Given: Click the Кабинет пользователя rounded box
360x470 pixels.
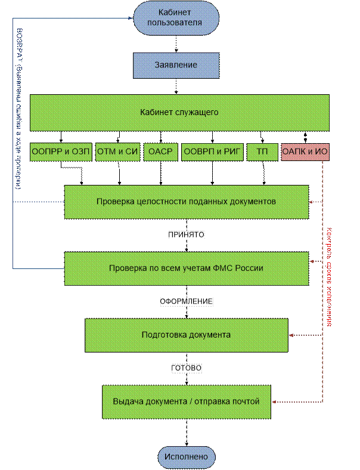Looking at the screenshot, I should pos(176,17).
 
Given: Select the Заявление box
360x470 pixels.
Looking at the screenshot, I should pos(176,64).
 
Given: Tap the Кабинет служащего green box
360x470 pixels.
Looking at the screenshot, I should pos(179,112).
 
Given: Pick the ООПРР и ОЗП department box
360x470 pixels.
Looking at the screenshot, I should pos(61,151).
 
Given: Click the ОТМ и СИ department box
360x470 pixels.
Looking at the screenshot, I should pos(117,151).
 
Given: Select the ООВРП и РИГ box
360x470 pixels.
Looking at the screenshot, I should pos(212,151).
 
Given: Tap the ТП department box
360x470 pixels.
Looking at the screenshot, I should pos(262,151).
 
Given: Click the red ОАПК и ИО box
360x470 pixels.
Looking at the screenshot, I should pos(305,151).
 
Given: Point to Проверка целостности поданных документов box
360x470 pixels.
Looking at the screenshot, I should pos(186,202).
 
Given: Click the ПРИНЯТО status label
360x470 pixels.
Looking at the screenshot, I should pos(187,235).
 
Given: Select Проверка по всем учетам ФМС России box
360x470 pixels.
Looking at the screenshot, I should pos(186,268).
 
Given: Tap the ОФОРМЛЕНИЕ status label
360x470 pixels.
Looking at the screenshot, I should pos(187,302).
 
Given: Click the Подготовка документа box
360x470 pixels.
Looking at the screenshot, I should pos(186,335).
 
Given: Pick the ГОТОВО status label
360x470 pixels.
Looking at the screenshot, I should pos(187,369).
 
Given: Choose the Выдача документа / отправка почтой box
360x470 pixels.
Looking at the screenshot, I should pos(186,401).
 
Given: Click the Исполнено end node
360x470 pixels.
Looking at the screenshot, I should pos(186,457).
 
